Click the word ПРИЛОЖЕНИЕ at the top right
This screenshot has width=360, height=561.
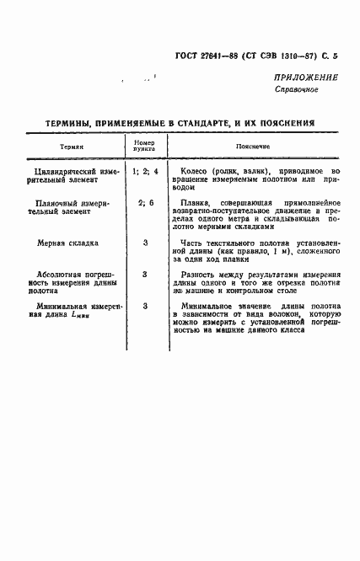point(305,77)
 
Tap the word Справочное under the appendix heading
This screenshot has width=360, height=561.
point(296,88)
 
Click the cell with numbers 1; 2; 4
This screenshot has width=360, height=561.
point(145,171)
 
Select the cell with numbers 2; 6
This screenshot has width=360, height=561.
point(145,203)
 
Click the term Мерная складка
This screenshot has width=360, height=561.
point(67,243)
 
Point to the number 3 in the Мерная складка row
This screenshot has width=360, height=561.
point(145,243)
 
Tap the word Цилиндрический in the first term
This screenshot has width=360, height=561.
point(59,171)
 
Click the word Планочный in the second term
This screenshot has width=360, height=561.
point(51,203)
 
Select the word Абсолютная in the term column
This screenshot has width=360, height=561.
point(52,275)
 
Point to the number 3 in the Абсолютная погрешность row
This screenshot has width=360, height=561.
point(145,275)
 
